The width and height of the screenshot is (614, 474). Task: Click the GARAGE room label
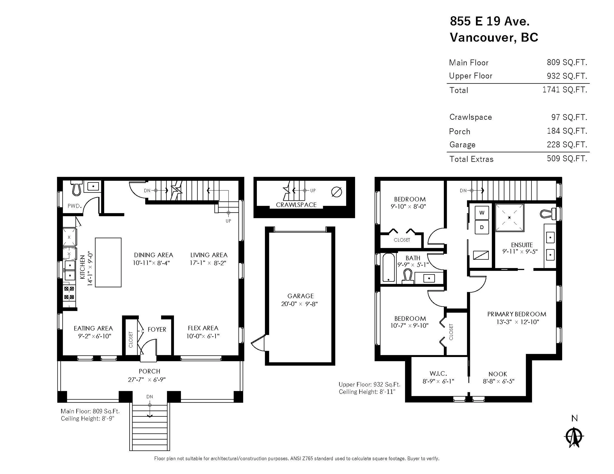300,296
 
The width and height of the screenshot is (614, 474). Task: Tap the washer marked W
482,213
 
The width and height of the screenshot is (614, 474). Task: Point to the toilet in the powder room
76,188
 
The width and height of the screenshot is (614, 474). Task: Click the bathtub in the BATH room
389,267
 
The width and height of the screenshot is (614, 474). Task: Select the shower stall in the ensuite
509,218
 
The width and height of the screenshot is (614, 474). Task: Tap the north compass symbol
574,437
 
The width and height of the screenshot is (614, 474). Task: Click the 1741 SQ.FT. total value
565,90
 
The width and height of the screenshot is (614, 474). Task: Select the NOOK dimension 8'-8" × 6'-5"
498,381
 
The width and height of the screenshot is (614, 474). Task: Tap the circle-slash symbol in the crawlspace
337,192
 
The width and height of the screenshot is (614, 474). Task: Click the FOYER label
157,329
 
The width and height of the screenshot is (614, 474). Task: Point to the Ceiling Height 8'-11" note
367,392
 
